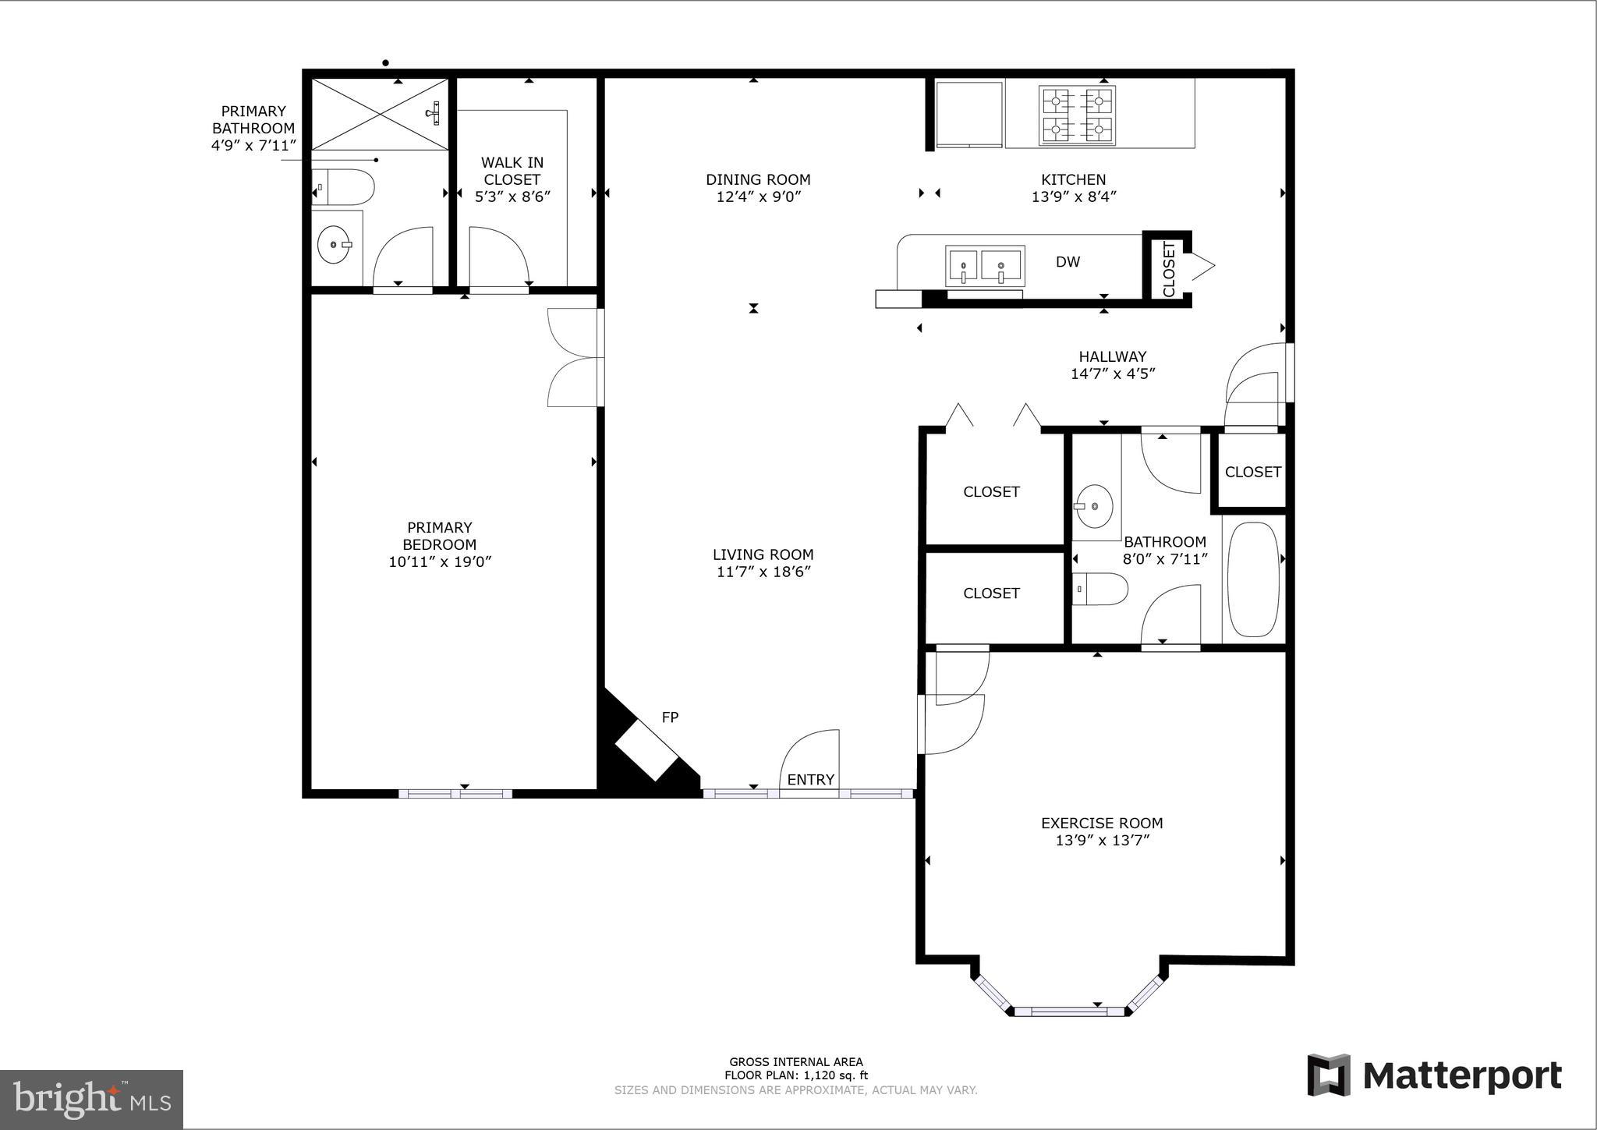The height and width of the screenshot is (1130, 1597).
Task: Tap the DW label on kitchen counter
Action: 1068,262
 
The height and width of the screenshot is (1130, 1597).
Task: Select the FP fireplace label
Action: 670,717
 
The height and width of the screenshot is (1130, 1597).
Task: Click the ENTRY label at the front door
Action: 810,780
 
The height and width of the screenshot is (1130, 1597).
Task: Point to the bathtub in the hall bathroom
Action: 1253,579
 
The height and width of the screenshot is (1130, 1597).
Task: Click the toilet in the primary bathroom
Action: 344,188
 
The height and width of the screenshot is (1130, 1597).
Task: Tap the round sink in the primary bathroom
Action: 335,245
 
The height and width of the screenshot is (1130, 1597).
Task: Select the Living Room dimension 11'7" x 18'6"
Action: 763,572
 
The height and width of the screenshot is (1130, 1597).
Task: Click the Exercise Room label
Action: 1101,823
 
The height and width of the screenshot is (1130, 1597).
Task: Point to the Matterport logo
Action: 1434,1075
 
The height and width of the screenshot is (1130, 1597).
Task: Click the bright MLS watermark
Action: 91,1099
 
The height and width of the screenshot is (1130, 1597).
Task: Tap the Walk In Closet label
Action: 512,171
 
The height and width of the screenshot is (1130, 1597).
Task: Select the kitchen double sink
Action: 983,266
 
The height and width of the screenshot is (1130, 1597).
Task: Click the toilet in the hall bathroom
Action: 1100,590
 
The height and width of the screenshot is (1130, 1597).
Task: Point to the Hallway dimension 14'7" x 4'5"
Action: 1112,374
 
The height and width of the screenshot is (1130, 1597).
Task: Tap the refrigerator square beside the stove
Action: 968,113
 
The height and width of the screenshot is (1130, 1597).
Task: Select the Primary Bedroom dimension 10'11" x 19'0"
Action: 440,561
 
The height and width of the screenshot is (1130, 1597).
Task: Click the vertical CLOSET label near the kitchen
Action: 1168,269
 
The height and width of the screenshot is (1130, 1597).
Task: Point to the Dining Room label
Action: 758,179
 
